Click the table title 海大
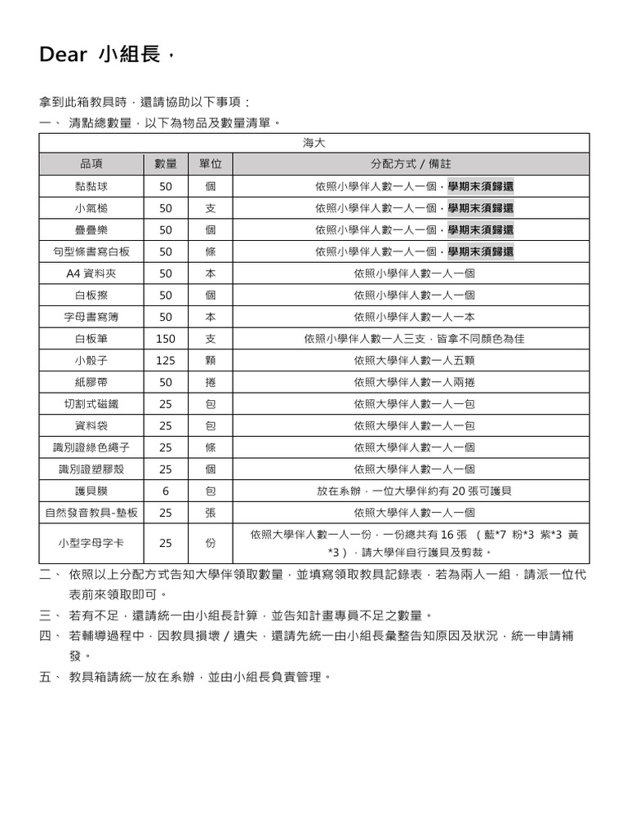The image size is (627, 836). pyautogui.click(x=314, y=142)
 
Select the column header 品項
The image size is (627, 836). pyautogui.click(x=91, y=164)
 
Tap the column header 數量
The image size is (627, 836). pyautogui.click(x=166, y=164)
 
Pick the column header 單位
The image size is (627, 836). pyautogui.click(x=211, y=164)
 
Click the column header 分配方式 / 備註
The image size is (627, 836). pyautogui.click(x=411, y=164)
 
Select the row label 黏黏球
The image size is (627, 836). pyautogui.click(x=91, y=186)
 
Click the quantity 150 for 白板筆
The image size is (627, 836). pyautogui.click(x=166, y=338)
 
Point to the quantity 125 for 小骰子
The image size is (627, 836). pyautogui.click(x=166, y=360)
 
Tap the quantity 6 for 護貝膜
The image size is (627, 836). pyautogui.click(x=166, y=491)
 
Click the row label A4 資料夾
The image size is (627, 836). pyautogui.click(x=91, y=273)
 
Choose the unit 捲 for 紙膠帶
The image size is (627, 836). pyautogui.click(x=211, y=382)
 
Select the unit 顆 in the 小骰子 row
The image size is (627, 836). pyautogui.click(x=211, y=360)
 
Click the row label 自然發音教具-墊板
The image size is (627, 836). pyautogui.click(x=91, y=513)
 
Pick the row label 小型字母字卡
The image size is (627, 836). pyautogui.click(x=91, y=543)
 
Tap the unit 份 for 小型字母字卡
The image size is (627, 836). pyautogui.click(x=211, y=543)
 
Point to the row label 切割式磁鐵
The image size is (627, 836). pyautogui.click(x=91, y=403)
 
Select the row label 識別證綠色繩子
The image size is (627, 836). pyautogui.click(x=91, y=447)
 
